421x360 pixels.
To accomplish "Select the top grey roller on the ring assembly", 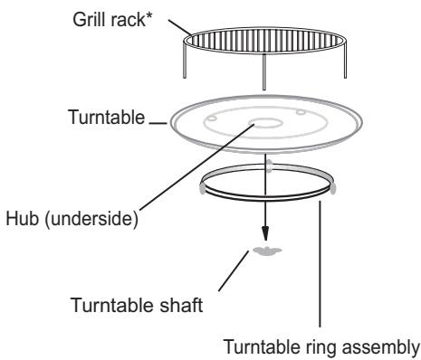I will coord(268,166).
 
